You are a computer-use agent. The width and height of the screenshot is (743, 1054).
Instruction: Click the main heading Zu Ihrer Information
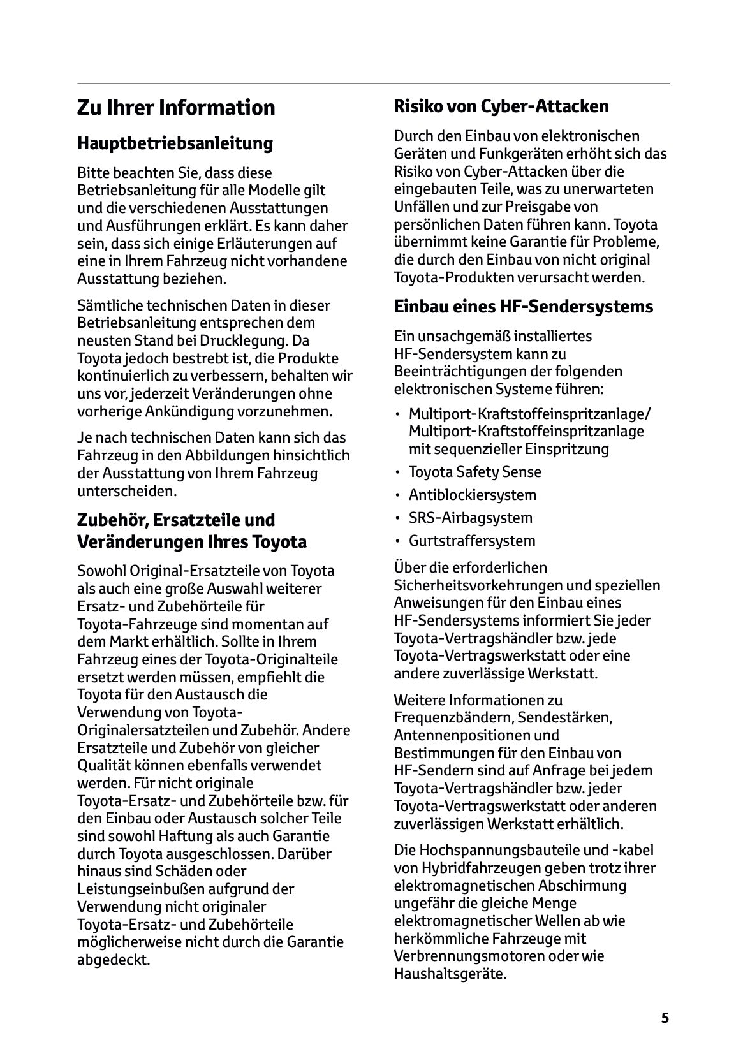pyautogui.click(x=176, y=107)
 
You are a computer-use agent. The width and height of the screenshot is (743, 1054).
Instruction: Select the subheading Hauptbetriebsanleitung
pyautogui.click(x=175, y=143)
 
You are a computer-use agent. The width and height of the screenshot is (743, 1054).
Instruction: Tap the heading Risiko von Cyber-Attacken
pyautogui.click(x=501, y=106)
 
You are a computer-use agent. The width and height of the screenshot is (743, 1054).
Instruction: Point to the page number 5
pyautogui.click(x=665, y=1018)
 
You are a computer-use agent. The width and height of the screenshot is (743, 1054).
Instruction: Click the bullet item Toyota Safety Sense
pyautogui.click(x=474, y=472)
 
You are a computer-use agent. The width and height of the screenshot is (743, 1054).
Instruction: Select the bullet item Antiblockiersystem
pyautogui.click(x=472, y=495)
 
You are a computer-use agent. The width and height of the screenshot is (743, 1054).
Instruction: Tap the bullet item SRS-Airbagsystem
pyautogui.click(x=470, y=518)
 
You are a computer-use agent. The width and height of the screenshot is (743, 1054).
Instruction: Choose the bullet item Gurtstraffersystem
pyautogui.click(x=472, y=541)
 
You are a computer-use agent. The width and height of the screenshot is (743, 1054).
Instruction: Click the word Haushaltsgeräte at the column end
pyautogui.click(x=450, y=974)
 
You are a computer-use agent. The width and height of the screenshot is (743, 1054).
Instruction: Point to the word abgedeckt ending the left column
pyautogui.click(x=113, y=960)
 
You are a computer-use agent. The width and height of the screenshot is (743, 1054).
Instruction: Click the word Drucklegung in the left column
pyautogui.click(x=255, y=340)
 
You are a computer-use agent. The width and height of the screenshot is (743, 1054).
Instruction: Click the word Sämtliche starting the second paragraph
pyautogui.click(x=106, y=305)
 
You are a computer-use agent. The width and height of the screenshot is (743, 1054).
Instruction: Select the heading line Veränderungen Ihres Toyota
pyautogui.click(x=192, y=542)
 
